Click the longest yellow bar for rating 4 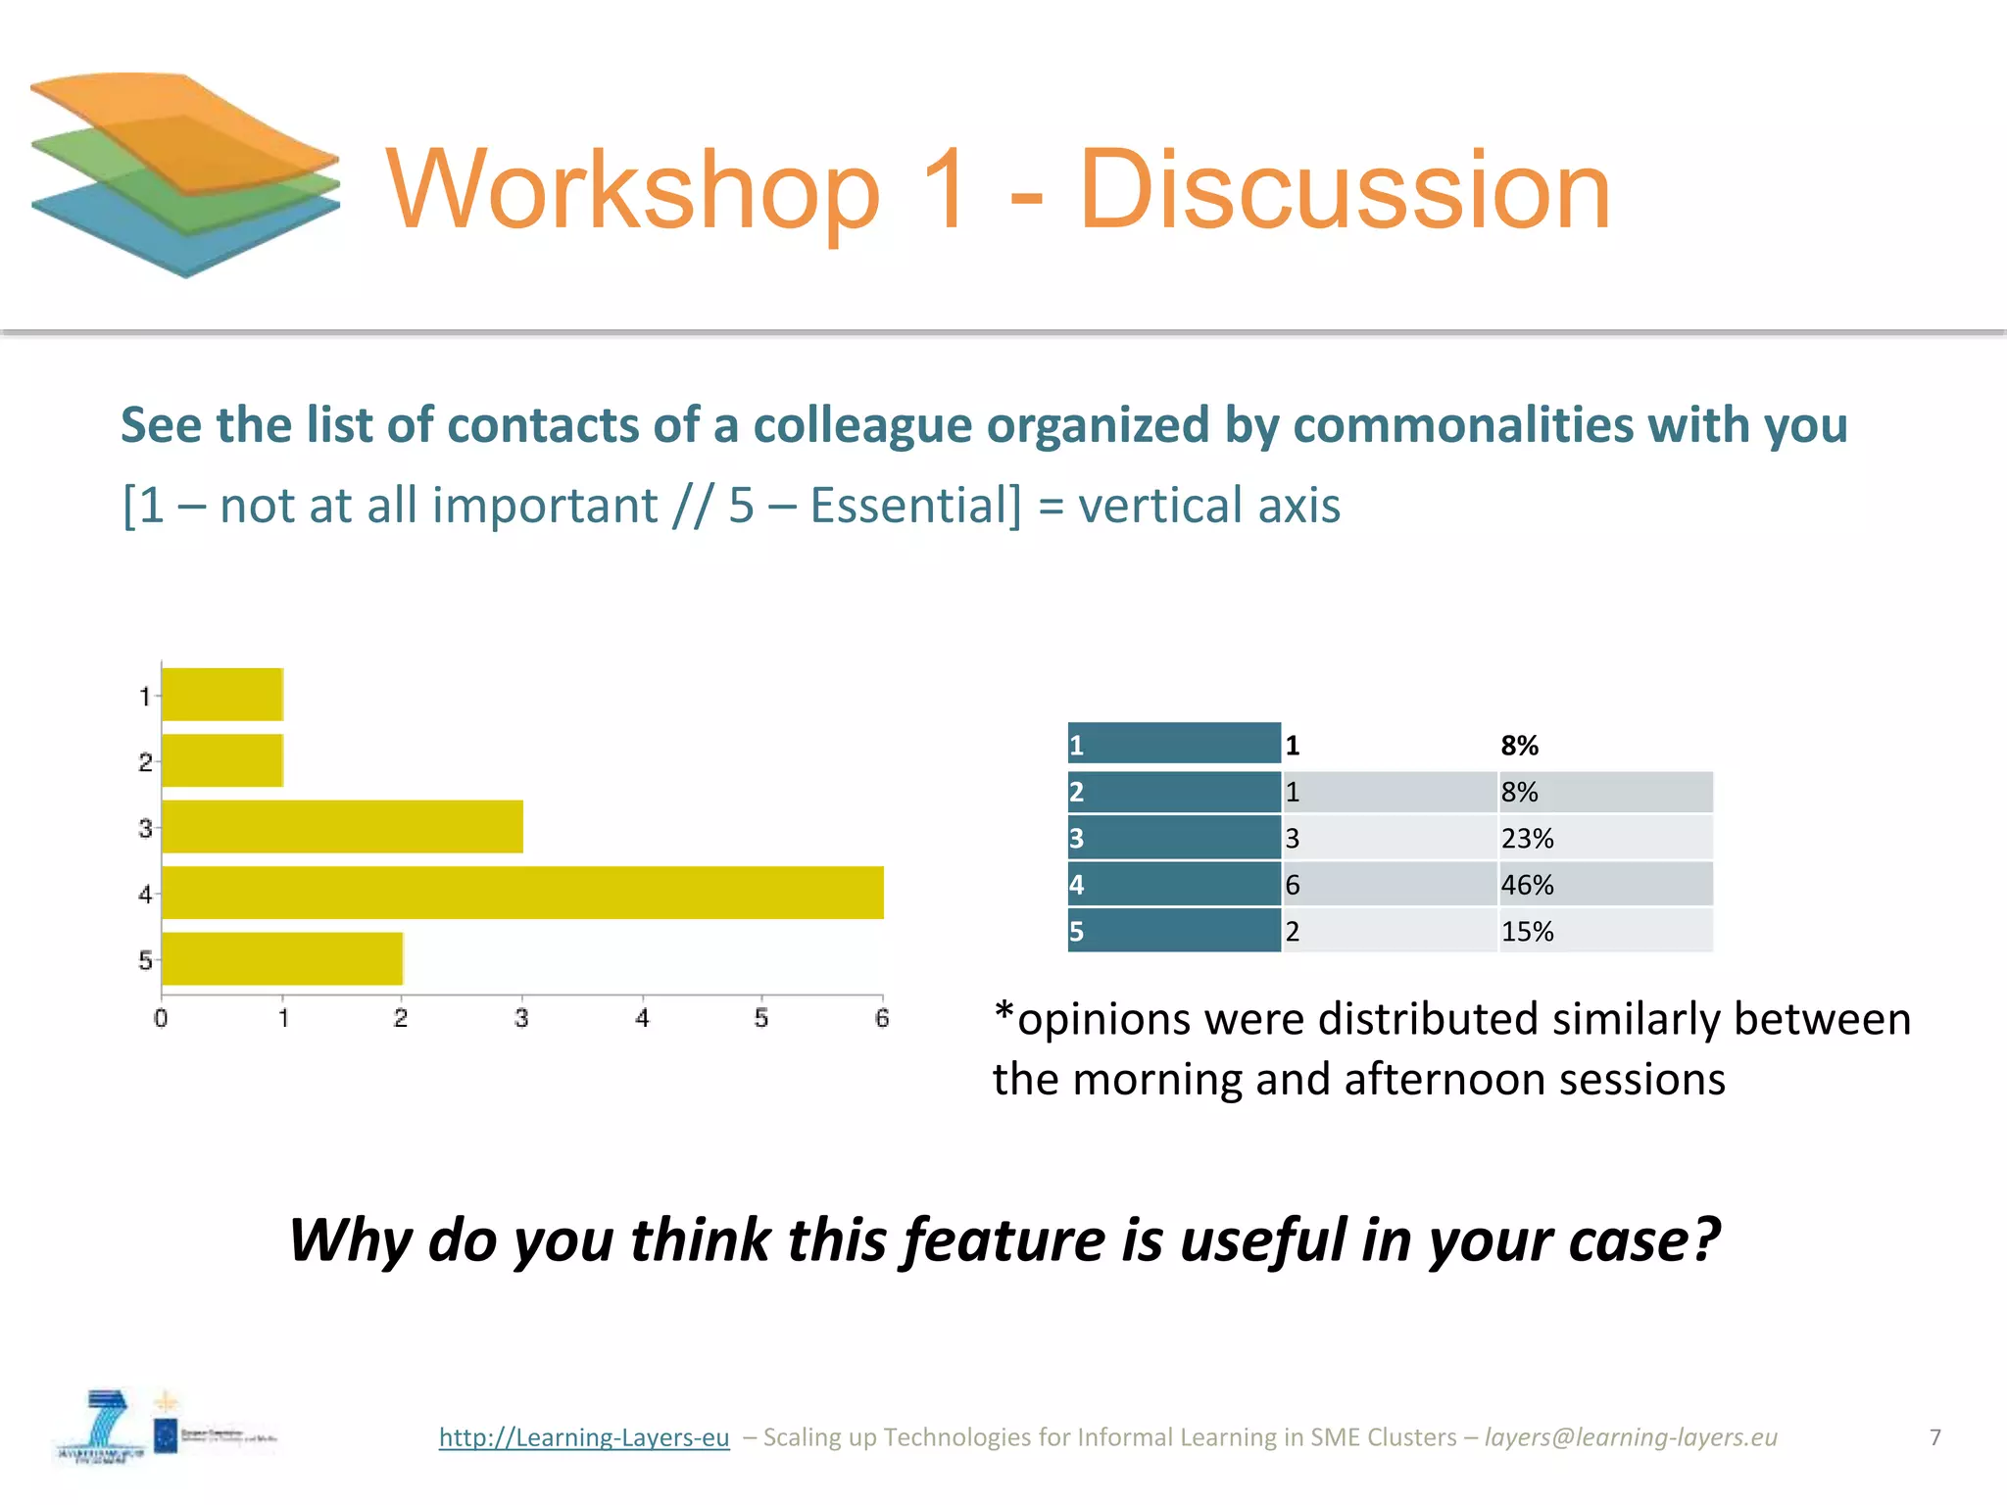click(522, 893)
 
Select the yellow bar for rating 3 click(342, 826)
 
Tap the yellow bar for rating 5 click(282, 958)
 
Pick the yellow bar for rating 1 click(222, 695)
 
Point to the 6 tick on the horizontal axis click(882, 1018)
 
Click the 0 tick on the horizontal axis click(161, 1018)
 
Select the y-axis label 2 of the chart click(145, 762)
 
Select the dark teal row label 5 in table click(1173, 931)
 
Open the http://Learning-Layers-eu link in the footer click(584, 1436)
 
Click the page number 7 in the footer click(1934, 1436)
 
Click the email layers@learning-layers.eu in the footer click(1630, 1436)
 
